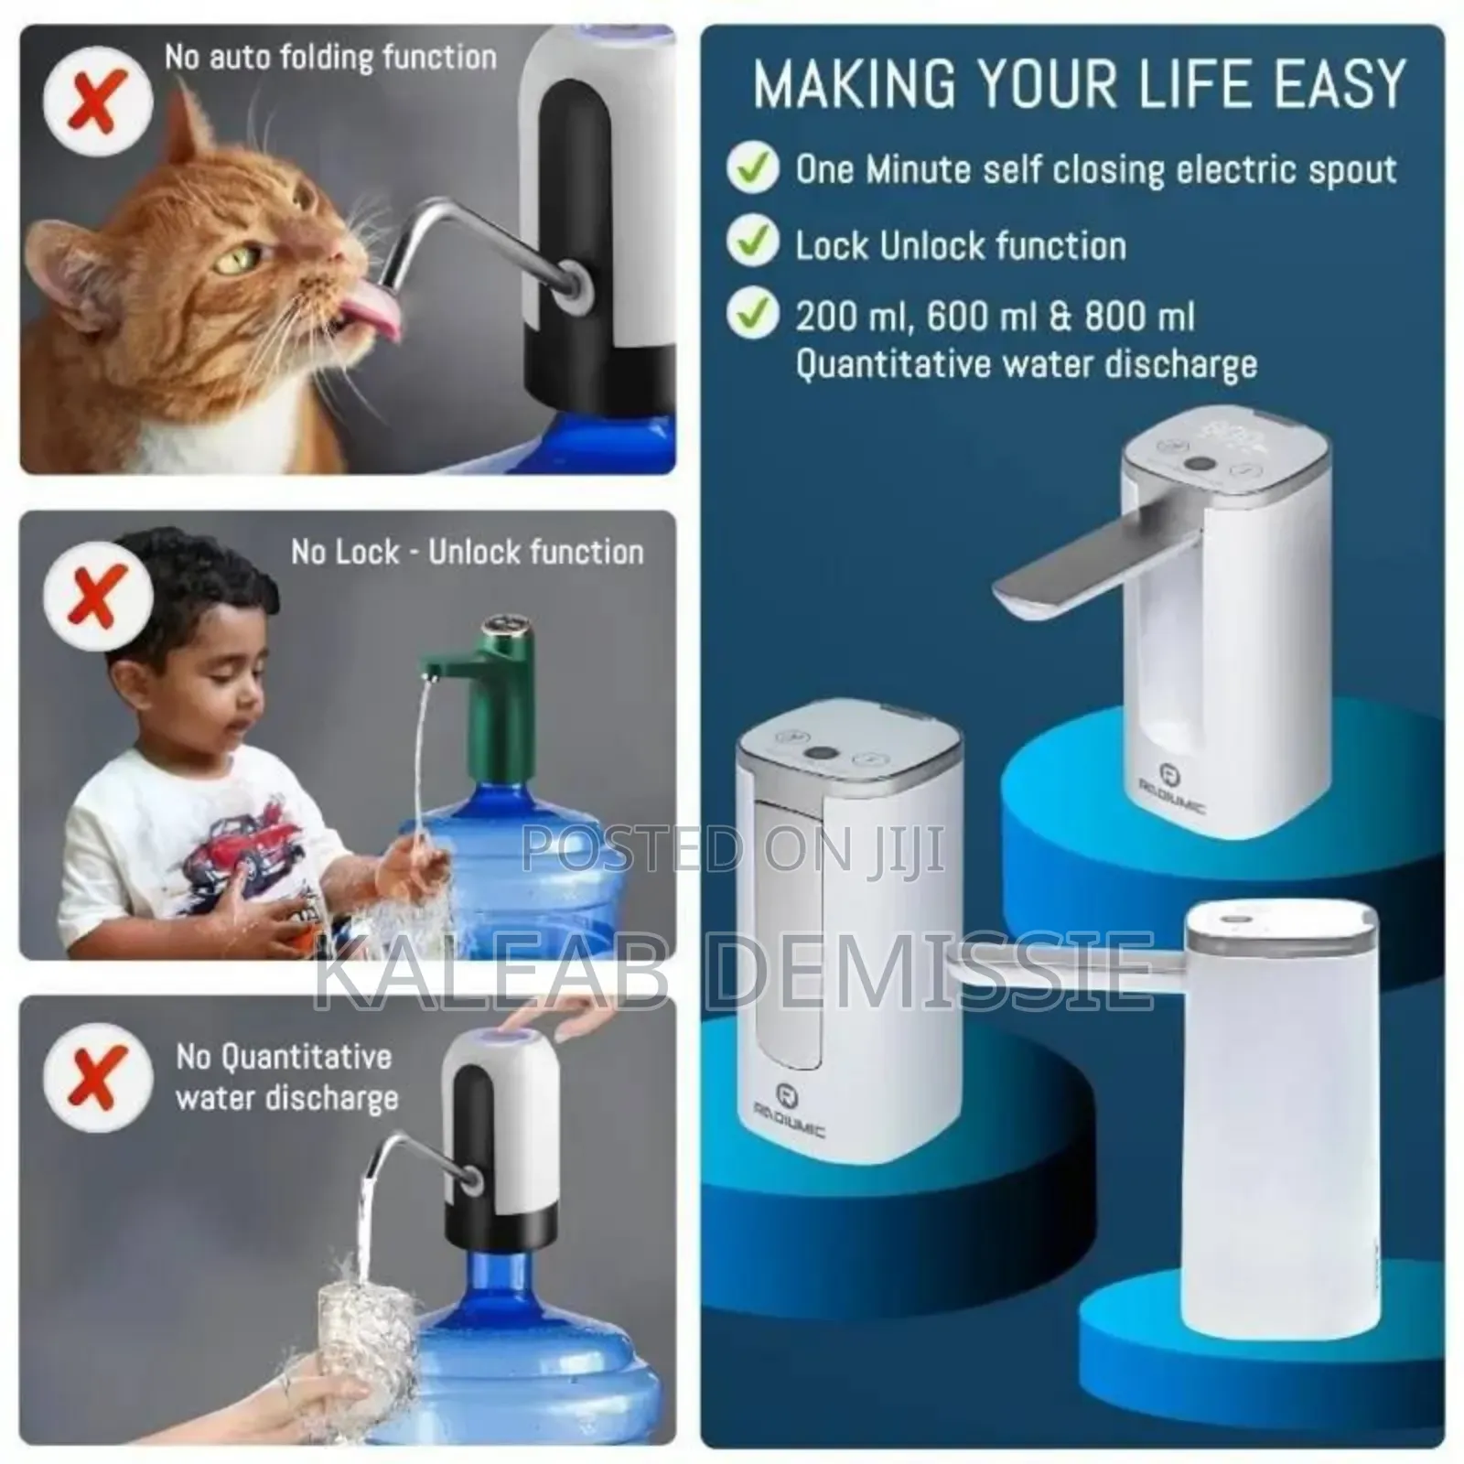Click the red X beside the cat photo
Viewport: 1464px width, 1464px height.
pos(98,98)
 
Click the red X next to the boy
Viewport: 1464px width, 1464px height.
pos(98,596)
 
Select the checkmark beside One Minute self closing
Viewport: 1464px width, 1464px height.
pos(752,169)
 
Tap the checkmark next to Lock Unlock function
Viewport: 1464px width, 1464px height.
pos(752,243)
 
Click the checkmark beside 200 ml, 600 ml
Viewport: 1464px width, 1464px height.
pos(752,315)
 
